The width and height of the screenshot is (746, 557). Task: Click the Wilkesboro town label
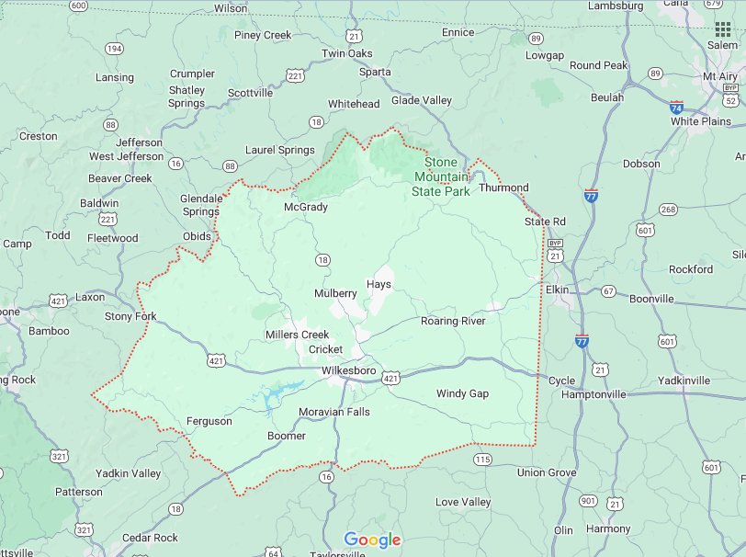point(348,370)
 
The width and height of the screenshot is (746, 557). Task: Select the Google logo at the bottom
point(372,540)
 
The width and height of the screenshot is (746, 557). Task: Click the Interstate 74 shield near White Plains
point(677,107)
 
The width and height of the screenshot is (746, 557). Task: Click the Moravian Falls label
point(334,412)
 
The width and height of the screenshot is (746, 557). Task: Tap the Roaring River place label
point(453,321)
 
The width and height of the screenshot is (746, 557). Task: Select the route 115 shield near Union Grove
point(483,459)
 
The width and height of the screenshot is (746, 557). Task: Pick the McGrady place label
point(306,207)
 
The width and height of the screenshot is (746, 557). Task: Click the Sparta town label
point(374,72)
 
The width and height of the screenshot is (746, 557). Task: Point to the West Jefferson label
point(126,156)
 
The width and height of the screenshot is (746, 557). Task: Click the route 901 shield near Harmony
point(588,501)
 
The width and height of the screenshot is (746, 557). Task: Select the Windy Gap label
point(462,393)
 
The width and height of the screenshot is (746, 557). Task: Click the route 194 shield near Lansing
point(114,49)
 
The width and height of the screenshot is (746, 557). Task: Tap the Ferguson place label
point(209,421)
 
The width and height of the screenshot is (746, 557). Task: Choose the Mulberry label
point(335,293)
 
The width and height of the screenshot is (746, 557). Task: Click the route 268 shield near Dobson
point(668,210)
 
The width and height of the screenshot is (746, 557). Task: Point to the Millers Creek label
point(297,335)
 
